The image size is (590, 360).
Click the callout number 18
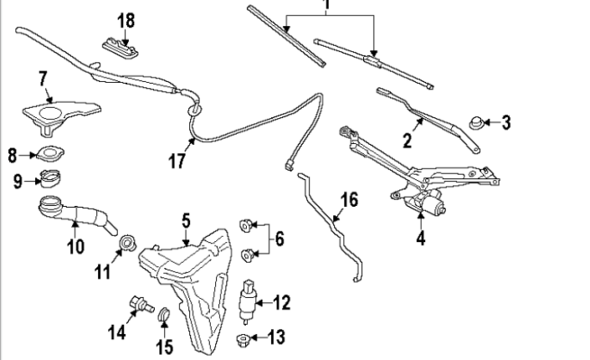click(126, 19)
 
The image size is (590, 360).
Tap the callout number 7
click(41, 79)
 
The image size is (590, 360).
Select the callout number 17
click(177, 161)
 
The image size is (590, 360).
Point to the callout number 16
click(349, 200)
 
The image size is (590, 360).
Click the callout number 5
click(186, 219)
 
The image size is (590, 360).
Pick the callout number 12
click(282, 302)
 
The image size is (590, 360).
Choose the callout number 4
click(420, 239)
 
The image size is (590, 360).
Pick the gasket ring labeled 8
click(50, 152)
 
